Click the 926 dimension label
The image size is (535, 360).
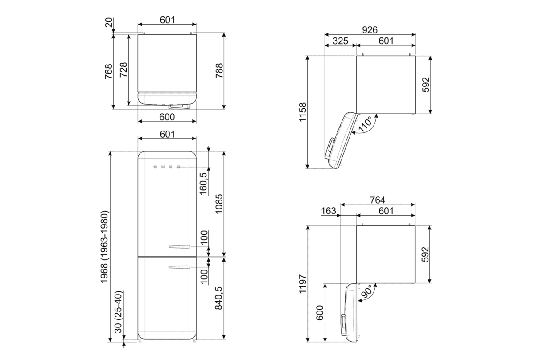pos(370,30)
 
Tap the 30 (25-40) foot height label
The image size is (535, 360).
pos(118,314)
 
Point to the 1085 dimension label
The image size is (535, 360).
pos(218,204)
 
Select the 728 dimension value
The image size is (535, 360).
pos(123,70)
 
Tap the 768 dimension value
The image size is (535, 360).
pos(108,71)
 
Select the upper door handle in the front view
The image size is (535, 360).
pos(179,246)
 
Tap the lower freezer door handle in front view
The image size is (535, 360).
pos(179,267)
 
